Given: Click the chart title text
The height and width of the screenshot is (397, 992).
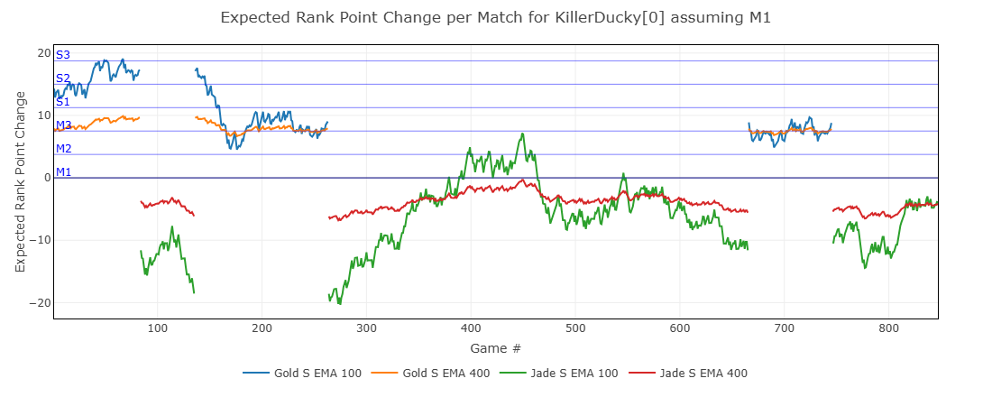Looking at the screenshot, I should [x=495, y=17].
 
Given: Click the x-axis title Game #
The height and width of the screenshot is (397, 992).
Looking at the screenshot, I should [x=495, y=347].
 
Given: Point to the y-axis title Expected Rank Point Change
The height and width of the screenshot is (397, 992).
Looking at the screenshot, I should [x=21, y=181].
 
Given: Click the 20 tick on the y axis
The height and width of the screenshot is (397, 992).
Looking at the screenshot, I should [x=43, y=53].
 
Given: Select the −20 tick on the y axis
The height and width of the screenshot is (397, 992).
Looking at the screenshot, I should [x=40, y=302].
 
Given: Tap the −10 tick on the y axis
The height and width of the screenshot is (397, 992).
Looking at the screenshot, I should [x=40, y=240].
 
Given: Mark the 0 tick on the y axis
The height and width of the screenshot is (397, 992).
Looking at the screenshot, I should [x=47, y=178].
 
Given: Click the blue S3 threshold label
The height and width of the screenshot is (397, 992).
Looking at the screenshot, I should [x=63, y=56].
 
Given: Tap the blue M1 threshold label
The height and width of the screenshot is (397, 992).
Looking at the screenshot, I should [x=63, y=172].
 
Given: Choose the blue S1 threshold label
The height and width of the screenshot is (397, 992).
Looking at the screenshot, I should [x=63, y=102].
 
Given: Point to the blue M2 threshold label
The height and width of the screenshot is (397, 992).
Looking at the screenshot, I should [x=63, y=149].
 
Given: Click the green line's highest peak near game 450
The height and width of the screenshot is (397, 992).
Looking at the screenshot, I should [x=523, y=134].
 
